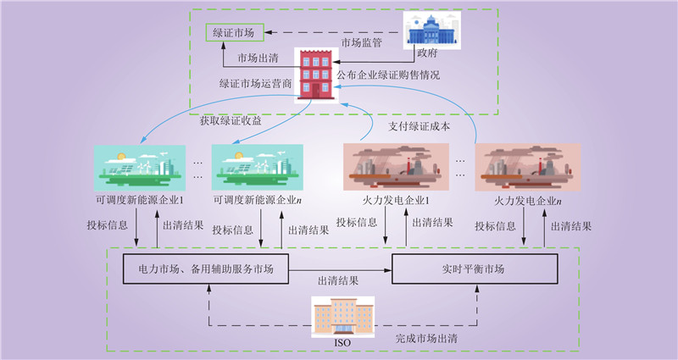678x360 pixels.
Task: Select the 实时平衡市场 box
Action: tap(474, 269)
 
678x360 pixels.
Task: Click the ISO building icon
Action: tap(342, 317)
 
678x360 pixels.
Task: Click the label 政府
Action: tap(427, 52)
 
